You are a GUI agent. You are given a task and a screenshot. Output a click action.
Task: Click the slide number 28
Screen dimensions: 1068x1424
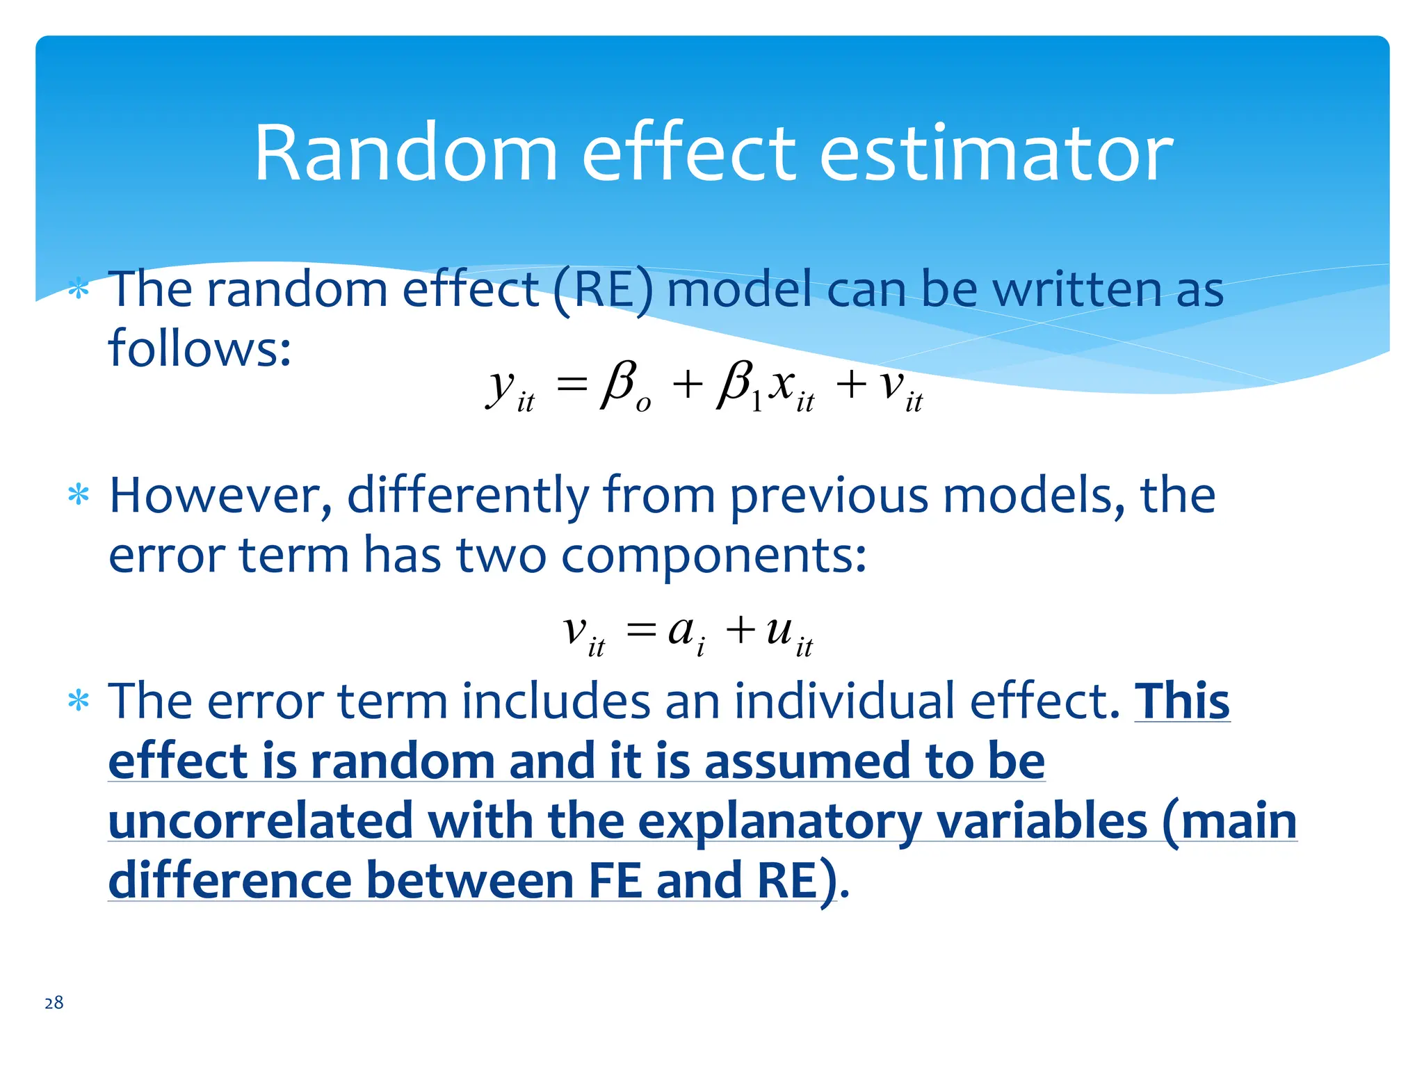[x=54, y=1002]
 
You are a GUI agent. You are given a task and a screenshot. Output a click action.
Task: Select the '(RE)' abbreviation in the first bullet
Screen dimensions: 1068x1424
[x=604, y=290]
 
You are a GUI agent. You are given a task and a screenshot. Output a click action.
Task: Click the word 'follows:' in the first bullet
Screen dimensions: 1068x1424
[x=200, y=348]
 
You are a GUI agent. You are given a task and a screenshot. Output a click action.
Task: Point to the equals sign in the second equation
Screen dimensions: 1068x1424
[x=640, y=631]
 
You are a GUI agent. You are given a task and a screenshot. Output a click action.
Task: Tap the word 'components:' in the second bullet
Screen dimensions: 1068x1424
[x=714, y=556]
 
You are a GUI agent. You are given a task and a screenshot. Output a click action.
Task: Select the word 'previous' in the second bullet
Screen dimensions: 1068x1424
[x=829, y=496]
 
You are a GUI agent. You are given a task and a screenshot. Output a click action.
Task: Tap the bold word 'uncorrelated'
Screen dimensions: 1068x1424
[x=261, y=822]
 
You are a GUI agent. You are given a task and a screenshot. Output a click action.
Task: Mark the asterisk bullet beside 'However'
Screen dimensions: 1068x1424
[x=79, y=496]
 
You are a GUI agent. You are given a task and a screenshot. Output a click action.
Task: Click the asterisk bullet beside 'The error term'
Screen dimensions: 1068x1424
[x=79, y=701]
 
